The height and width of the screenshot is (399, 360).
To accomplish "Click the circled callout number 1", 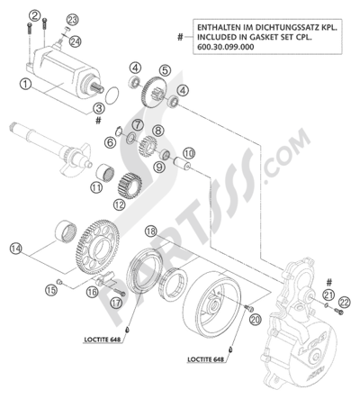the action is (x=26, y=85).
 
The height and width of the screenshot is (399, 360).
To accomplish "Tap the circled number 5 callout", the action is (x=165, y=70).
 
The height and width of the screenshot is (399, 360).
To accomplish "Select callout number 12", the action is (x=119, y=205).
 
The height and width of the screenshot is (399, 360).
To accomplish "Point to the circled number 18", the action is (x=151, y=231).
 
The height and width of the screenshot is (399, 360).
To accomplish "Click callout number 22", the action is (x=344, y=303).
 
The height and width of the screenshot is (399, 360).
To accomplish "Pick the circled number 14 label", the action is (x=16, y=249).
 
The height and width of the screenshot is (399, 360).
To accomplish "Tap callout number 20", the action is (x=256, y=320).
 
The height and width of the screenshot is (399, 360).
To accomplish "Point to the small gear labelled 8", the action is (x=148, y=146).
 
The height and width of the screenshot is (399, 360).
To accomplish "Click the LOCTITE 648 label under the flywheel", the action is (x=206, y=359).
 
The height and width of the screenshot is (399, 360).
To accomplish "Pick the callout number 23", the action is (x=72, y=20).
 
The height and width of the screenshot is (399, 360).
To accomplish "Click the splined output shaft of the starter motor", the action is (x=98, y=88).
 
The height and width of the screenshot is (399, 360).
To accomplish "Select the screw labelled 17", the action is (x=120, y=292).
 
